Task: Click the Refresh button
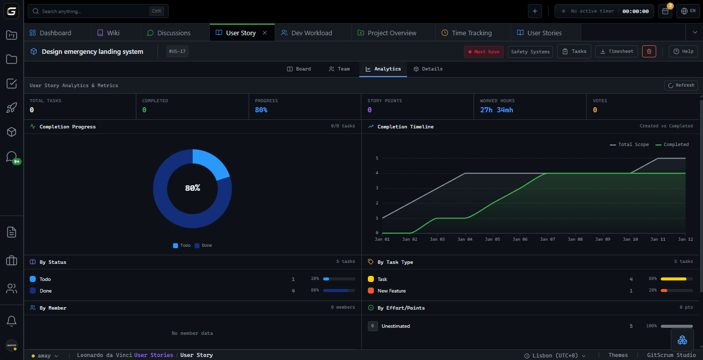pyautogui.click(x=681, y=86)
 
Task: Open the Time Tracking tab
pyautogui.click(x=466, y=33)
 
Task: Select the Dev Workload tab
pyautogui.click(x=306, y=33)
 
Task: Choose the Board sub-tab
pyautogui.click(x=299, y=69)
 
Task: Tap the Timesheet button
pyautogui.click(x=616, y=51)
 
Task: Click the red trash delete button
pyautogui.click(x=649, y=51)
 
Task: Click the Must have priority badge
pyautogui.click(x=484, y=52)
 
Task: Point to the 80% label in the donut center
pyautogui.click(x=192, y=188)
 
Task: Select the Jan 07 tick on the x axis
pyautogui.click(x=547, y=239)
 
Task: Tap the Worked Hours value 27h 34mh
pyautogui.click(x=496, y=110)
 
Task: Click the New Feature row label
pyautogui.click(x=392, y=291)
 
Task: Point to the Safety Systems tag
pyautogui.click(x=530, y=52)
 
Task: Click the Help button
pyautogui.click(x=683, y=51)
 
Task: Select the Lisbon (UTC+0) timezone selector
pyautogui.click(x=555, y=355)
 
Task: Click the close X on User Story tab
pyautogui.click(x=265, y=33)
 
